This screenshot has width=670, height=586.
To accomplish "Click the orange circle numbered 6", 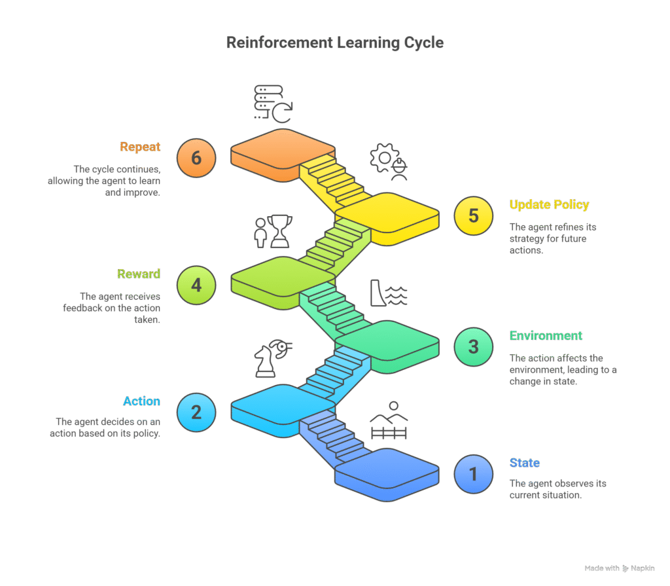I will (196, 158).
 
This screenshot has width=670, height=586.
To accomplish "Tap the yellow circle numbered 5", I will (474, 216).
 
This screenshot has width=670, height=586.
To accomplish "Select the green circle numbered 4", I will (196, 285).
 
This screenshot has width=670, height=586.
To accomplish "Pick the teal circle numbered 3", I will (474, 346).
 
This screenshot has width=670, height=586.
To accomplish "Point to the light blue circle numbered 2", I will (196, 412).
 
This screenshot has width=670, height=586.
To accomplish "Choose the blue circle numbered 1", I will (474, 473).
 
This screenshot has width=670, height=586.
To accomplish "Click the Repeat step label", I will (140, 147).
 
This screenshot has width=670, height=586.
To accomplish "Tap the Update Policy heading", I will (549, 204).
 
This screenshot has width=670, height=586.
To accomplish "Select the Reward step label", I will (139, 274).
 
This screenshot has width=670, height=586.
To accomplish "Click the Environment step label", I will (546, 335).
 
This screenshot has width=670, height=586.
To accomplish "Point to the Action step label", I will (141, 401).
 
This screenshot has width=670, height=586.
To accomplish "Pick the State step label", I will (525, 463).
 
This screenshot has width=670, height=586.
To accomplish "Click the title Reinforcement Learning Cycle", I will (335, 43).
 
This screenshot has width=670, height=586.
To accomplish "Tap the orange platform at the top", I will (283, 153).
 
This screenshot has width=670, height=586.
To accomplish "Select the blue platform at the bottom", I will (387, 473).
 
